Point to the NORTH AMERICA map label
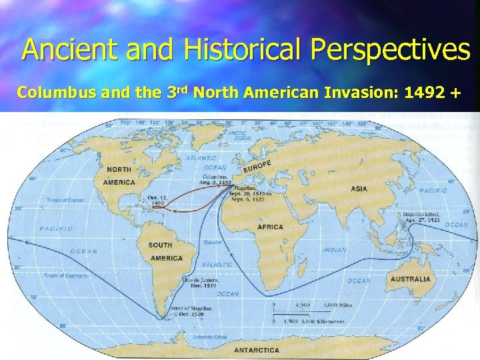[x=119, y=175]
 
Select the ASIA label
[x=359, y=189]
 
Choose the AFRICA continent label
[x=270, y=227]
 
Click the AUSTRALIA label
[x=410, y=279]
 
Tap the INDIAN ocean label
[x=334, y=250]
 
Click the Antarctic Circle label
[x=211, y=337]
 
